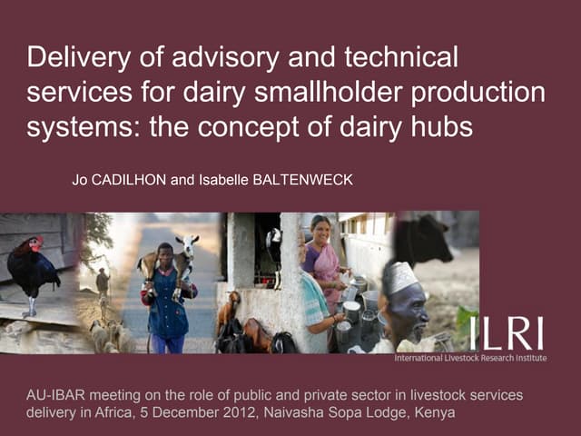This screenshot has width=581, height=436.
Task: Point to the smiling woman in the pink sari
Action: coord(322,254)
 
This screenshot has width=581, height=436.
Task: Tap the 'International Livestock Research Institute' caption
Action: coord(469,358)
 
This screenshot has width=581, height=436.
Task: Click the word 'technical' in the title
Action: coord(404,59)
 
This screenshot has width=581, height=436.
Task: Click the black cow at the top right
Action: coord(422,238)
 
